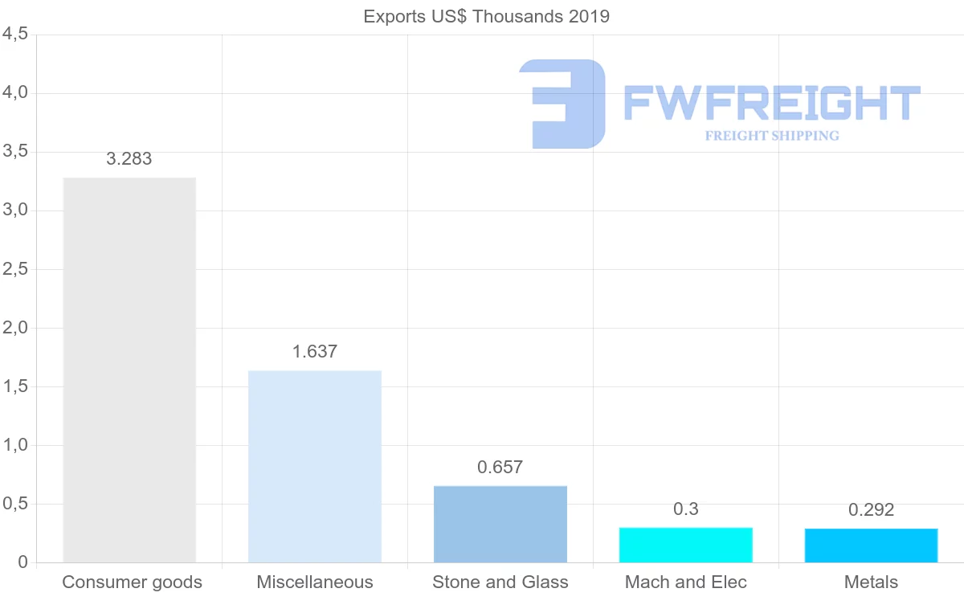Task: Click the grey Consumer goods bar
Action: (x=129, y=370)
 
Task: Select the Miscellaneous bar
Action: (x=315, y=466)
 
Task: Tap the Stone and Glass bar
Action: (x=500, y=524)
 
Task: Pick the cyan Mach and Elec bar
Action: (x=686, y=545)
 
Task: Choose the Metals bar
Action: (x=871, y=546)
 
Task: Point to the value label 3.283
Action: (x=129, y=159)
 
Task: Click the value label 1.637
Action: (x=315, y=351)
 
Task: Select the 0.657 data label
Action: (x=500, y=468)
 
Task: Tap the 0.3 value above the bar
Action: (x=686, y=509)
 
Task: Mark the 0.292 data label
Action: (x=871, y=510)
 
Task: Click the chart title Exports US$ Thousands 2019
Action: (x=487, y=16)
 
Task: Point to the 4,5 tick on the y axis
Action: (x=15, y=35)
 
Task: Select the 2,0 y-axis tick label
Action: (x=15, y=328)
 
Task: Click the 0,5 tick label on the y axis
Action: (x=15, y=504)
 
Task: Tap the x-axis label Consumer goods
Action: (x=132, y=582)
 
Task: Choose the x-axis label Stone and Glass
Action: (x=500, y=582)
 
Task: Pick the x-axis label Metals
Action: (x=871, y=582)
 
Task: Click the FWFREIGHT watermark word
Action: (x=771, y=104)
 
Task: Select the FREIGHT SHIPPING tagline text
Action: (x=772, y=136)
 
